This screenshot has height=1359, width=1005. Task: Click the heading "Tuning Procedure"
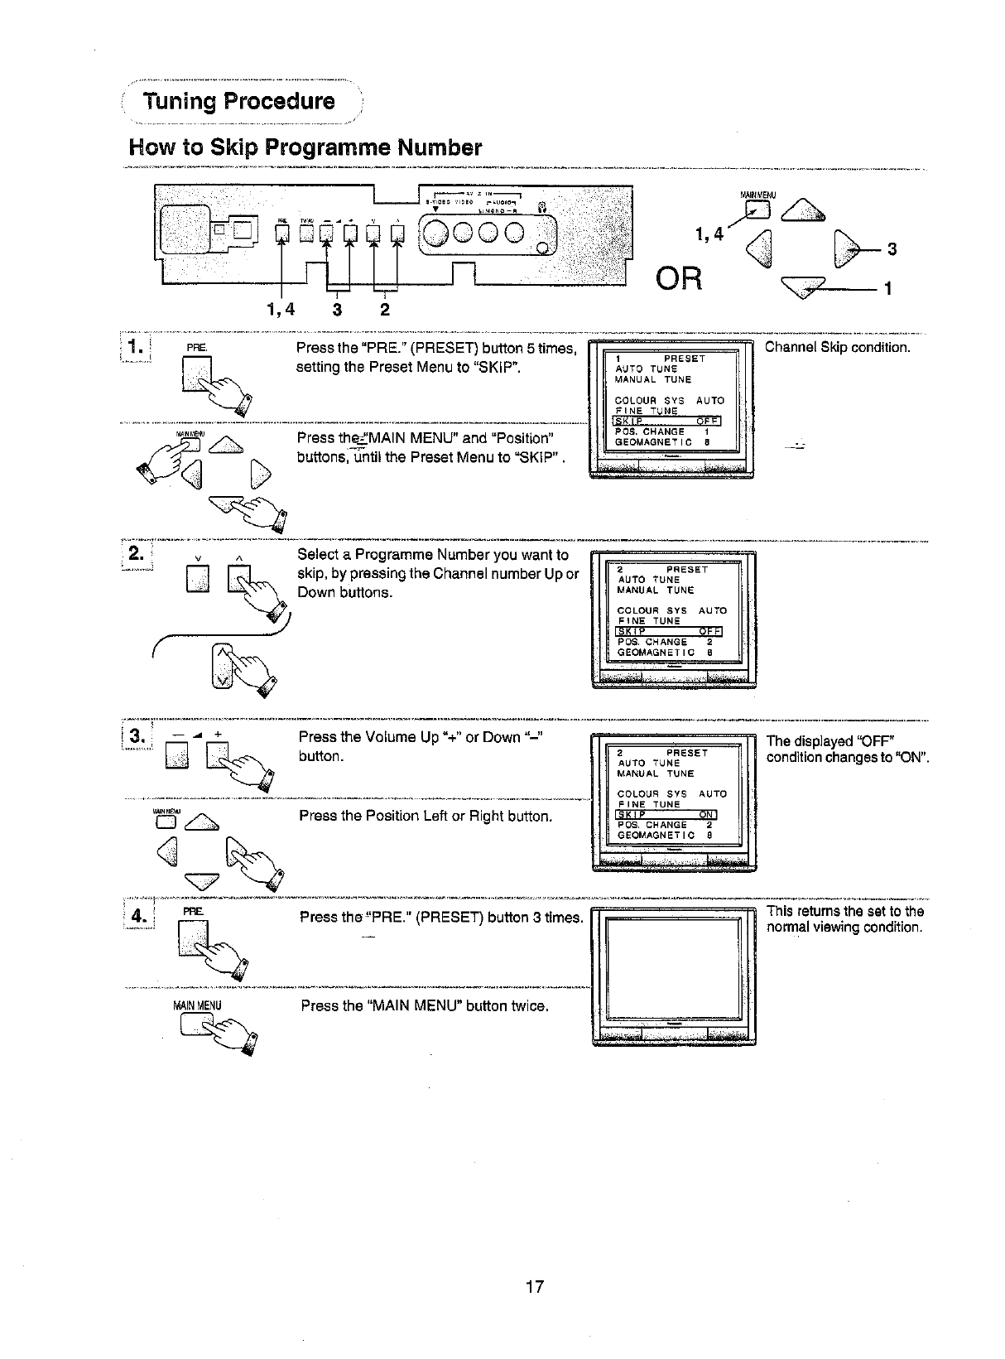point(238,102)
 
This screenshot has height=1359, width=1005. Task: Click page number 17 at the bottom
point(535,1286)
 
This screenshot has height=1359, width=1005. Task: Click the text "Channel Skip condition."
point(837,347)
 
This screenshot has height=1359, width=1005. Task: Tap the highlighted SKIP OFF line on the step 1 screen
point(666,421)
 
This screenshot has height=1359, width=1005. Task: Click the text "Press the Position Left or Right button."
point(425,817)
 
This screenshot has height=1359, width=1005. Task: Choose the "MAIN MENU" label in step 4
point(196,1006)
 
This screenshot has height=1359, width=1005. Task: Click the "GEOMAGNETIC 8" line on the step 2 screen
point(665,653)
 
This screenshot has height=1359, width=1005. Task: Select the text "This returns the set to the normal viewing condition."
point(844,919)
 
